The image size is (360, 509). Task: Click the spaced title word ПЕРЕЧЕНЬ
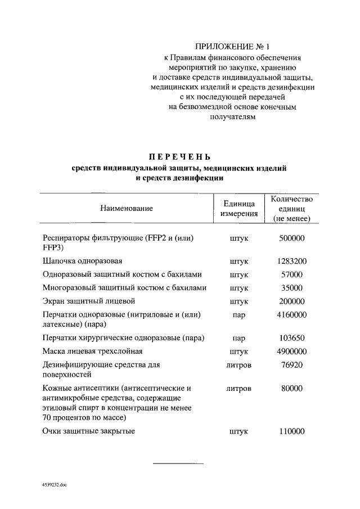(179, 156)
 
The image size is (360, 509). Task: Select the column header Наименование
(127, 209)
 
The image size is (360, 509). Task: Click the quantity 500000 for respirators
(291, 238)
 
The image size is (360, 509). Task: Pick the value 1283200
(291, 262)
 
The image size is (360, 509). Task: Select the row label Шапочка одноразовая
(82, 262)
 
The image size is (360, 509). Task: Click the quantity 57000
(291, 274)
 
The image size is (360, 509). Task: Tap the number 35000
(291, 287)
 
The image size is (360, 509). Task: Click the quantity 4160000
(291, 315)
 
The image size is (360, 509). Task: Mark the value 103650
(291, 339)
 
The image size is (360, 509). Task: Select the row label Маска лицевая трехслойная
(93, 352)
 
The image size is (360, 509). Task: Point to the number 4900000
(291, 352)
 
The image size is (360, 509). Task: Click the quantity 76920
(291, 365)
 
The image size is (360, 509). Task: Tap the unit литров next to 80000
(239, 389)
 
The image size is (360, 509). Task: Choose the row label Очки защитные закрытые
(89, 431)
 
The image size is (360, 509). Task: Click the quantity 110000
(291, 431)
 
